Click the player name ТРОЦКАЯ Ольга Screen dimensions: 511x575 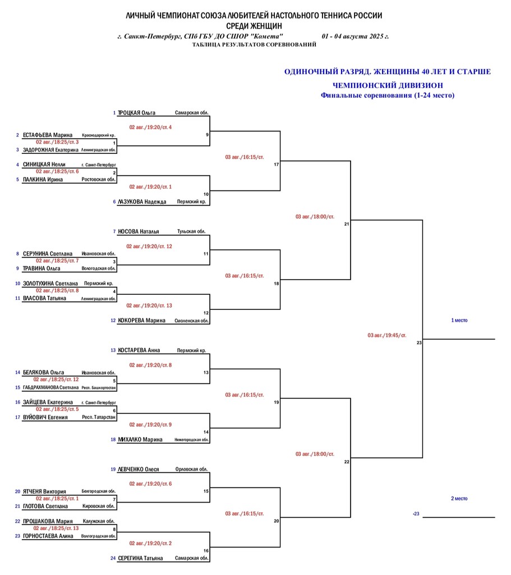[x=136, y=113]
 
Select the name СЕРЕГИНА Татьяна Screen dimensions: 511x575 [x=140, y=558]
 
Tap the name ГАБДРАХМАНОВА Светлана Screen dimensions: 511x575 [x=50, y=387]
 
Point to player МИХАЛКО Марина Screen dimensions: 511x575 [x=140, y=440]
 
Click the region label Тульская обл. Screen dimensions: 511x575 [x=191, y=231]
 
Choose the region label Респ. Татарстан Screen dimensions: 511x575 [x=99, y=417]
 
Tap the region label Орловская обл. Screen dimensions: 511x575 [x=191, y=469]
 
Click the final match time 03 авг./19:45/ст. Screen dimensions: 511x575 [x=387, y=335]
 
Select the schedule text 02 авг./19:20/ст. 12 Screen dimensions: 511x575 [x=149, y=247]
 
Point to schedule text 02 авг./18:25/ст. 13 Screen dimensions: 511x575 [x=56, y=528]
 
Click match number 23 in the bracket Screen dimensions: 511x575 [x=419, y=343]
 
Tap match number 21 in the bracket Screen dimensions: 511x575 [x=347, y=224]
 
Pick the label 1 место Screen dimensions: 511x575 [x=459, y=321]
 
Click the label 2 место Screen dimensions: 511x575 [x=459, y=499]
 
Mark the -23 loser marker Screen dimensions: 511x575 [x=416, y=514]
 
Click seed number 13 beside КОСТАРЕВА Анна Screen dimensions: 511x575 [x=113, y=350]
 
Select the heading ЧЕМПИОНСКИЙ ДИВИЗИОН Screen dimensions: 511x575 [x=388, y=85]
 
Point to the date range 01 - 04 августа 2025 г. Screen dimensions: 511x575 [x=355, y=36]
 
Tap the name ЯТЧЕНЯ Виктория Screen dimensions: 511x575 [x=44, y=492]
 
